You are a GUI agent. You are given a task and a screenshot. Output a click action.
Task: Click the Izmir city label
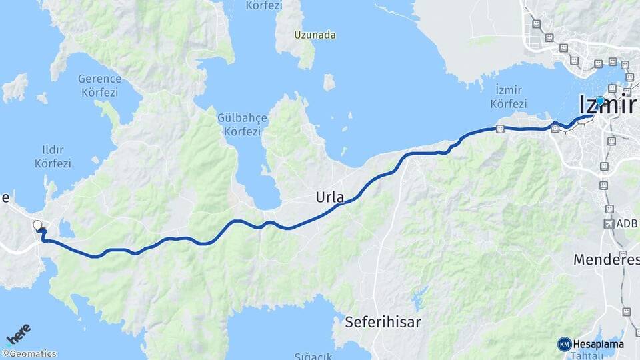(607, 105)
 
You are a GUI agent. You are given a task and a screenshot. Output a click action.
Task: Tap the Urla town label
(330, 198)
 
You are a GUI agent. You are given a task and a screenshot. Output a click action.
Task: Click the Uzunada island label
(315, 35)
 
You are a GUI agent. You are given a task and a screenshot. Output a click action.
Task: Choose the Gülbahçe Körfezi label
(242, 125)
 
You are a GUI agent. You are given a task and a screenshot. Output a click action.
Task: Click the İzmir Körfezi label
(509, 97)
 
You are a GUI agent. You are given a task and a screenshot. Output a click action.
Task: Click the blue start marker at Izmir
(600, 101)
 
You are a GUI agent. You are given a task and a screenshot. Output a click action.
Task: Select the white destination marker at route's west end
(38, 226)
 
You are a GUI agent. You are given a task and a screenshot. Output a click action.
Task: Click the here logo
(19, 333)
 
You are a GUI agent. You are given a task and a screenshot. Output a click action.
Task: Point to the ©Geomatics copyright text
(29, 354)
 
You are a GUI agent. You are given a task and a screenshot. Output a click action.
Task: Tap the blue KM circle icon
(564, 344)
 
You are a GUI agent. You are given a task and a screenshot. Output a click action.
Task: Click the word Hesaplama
(598, 344)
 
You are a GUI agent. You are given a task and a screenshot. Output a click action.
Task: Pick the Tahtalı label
(587, 356)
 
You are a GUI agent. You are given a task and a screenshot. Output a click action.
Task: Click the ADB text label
(627, 224)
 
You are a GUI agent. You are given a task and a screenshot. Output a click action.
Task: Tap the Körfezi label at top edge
(263, 5)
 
